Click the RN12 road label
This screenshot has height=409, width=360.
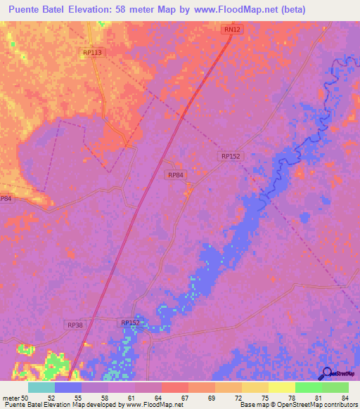pos(230,30)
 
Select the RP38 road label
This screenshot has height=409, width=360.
pos(75,325)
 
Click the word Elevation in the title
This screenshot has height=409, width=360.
pos(93,10)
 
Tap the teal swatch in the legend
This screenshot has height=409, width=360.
pos(41,387)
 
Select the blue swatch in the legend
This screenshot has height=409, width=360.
pos(67,387)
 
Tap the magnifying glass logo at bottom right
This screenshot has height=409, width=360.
pos(326,373)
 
